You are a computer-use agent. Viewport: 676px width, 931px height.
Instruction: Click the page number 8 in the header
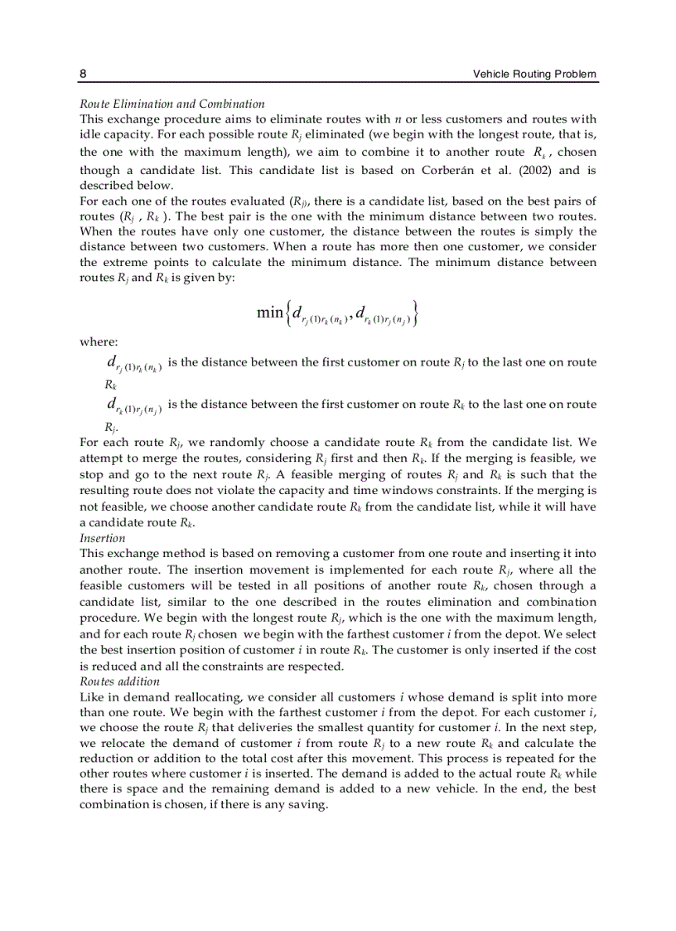(x=83, y=74)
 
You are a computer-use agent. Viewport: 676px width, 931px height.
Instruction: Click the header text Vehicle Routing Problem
(x=534, y=74)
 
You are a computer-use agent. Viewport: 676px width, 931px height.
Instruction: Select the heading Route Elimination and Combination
(x=171, y=104)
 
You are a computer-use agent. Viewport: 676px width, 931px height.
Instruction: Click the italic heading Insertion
(x=102, y=538)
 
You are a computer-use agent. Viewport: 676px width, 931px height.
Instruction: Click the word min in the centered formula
(x=270, y=312)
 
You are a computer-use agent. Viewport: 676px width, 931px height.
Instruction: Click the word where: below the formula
(x=99, y=342)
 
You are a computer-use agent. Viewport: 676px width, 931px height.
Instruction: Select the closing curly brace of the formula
(x=413, y=313)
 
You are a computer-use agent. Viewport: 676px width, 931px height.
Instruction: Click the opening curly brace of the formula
(x=287, y=313)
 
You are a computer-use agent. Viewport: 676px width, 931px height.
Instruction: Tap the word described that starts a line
(x=107, y=186)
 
